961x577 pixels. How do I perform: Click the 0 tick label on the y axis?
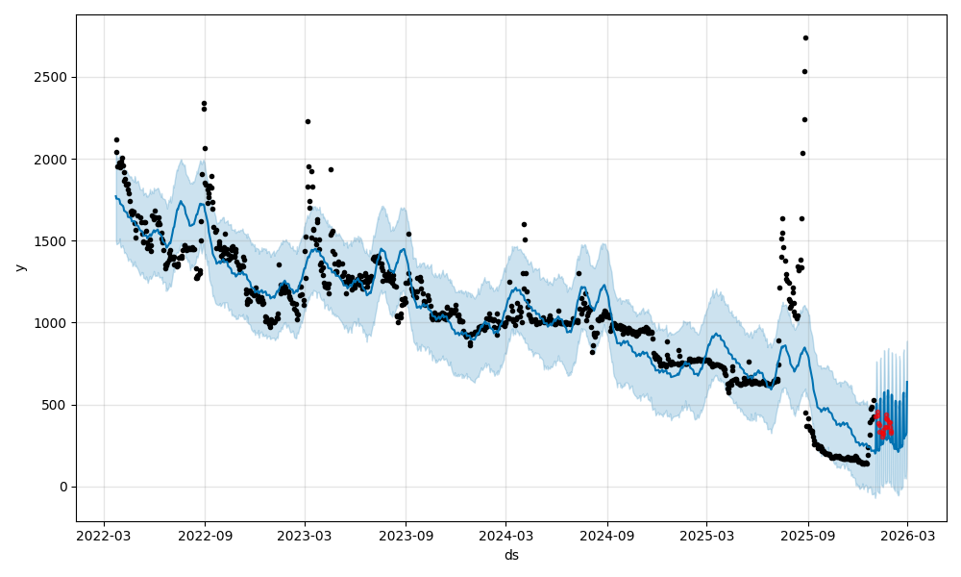63,487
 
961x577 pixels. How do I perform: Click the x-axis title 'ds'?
511,555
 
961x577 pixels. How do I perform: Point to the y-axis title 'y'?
18,267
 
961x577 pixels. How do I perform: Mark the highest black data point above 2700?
805,38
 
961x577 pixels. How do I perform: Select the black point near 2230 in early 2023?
308,121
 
